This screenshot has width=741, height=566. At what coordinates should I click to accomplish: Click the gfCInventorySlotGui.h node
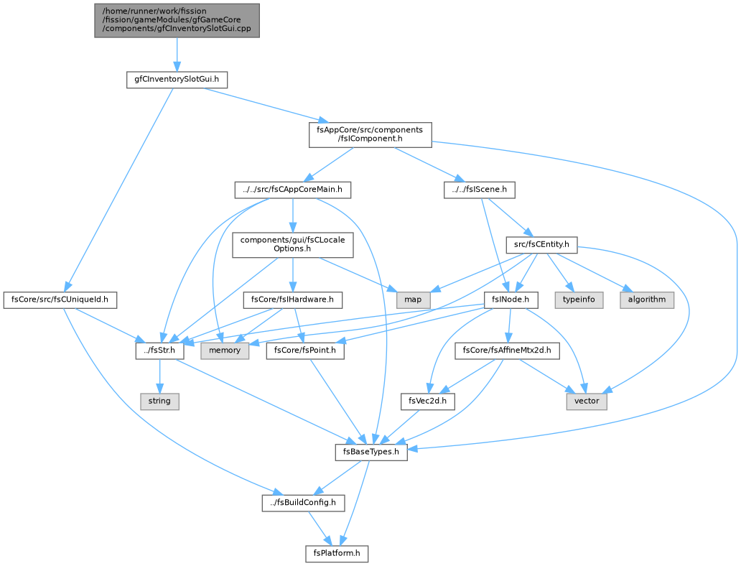[177, 80]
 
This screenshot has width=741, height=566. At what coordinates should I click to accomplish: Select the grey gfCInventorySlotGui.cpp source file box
[177, 20]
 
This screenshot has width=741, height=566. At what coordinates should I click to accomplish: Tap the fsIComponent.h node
[370, 134]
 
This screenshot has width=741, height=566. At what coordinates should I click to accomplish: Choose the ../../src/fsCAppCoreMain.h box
[292, 190]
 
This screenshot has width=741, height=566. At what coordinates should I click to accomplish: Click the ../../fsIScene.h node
[479, 190]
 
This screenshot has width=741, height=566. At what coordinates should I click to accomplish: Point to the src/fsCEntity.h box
[541, 245]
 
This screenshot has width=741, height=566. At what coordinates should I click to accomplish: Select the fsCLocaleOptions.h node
[292, 244]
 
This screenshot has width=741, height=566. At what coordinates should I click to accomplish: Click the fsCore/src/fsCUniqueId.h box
[60, 300]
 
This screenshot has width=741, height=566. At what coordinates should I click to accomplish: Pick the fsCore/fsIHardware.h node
[292, 300]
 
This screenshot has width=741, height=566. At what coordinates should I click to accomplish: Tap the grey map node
[413, 300]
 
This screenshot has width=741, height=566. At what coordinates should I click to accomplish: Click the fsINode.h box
[511, 300]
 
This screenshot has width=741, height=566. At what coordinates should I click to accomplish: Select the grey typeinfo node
[579, 300]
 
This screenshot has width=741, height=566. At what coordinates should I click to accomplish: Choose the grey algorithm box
[647, 300]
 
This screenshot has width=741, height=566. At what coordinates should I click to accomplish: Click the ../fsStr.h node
[159, 351]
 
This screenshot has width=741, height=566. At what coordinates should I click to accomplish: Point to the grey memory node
[225, 351]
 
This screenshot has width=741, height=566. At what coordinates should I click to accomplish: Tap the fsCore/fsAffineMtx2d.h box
[507, 351]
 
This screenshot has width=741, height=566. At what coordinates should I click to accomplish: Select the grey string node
[159, 401]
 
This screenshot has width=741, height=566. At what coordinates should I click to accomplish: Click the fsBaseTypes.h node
[371, 452]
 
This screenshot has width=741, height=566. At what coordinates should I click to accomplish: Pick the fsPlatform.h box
[337, 553]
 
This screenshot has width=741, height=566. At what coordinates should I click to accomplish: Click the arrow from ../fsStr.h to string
[159, 376]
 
